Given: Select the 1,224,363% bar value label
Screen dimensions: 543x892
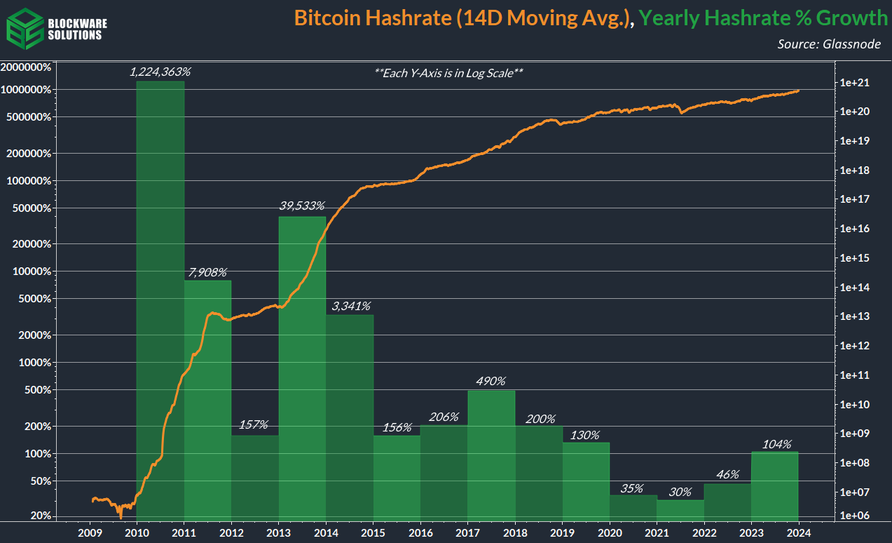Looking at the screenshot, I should coord(160,72).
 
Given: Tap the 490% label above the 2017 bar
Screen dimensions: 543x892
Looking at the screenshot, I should coord(490,381).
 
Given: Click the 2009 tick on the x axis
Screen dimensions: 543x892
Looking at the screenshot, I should coord(90,532).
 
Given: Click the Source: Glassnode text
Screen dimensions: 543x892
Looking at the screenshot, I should coord(830,43).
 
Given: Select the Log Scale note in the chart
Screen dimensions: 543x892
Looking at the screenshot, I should coord(449,72).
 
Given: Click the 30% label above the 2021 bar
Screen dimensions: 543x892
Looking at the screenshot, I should coord(680,492).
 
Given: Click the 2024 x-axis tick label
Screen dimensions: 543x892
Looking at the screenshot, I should coord(798,532).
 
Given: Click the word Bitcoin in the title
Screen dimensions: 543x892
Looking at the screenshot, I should coord(327,18).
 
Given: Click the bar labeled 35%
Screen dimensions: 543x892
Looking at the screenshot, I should coord(633,508).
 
